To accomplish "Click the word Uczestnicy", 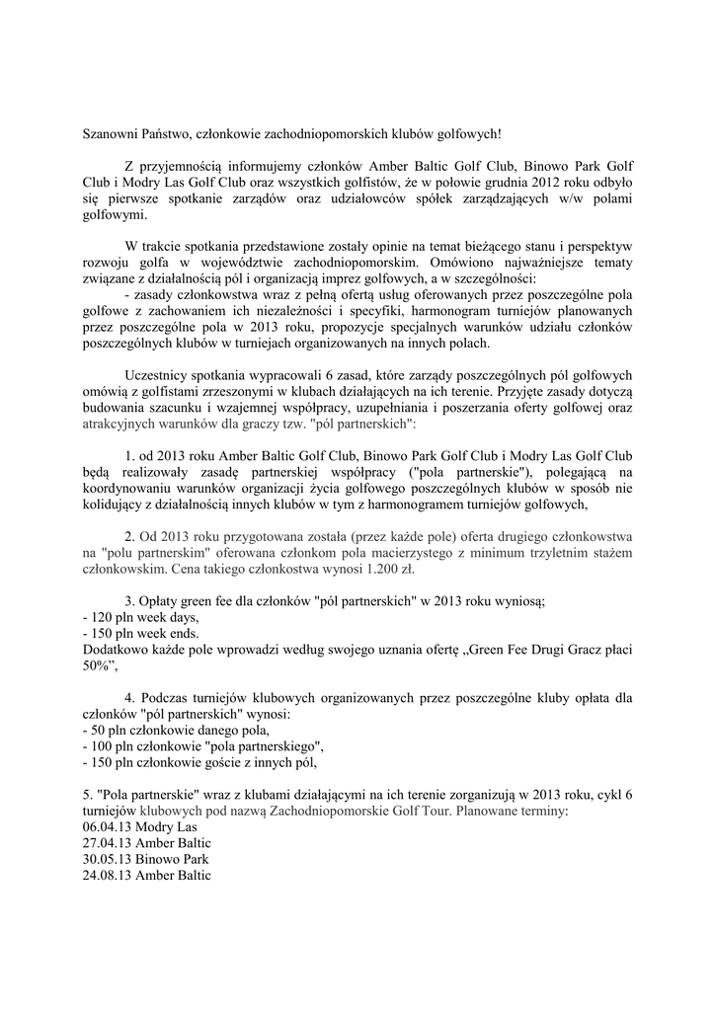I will (x=161, y=375).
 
